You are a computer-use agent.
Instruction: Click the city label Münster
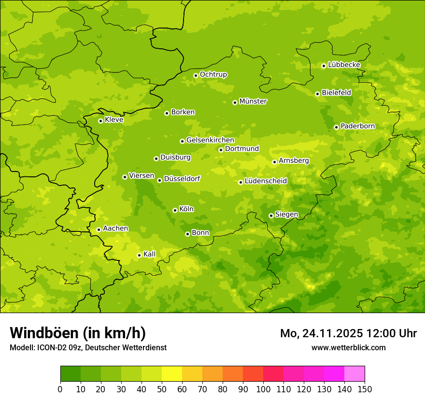[253, 101]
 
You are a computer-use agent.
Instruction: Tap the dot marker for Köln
[175, 210]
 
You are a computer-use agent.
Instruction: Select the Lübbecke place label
[344, 65]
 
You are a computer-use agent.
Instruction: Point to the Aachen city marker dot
[99, 229]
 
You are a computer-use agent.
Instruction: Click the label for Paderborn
[357, 126]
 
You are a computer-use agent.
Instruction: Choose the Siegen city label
[286, 215]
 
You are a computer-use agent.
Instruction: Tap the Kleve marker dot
[100, 121]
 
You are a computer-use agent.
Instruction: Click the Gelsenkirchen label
[210, 140]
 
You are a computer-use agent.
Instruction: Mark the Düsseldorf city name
[182, 179]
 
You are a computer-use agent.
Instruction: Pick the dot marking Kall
[139, 255]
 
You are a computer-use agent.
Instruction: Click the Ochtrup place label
[213, 74]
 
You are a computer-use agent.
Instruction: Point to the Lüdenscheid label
[266, 181]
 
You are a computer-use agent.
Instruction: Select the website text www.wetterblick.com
[348, 347]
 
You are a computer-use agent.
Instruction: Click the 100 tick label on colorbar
[263, 389]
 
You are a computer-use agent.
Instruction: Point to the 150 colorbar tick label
[365, 389]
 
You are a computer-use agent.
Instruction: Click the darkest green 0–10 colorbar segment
[71, 374]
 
